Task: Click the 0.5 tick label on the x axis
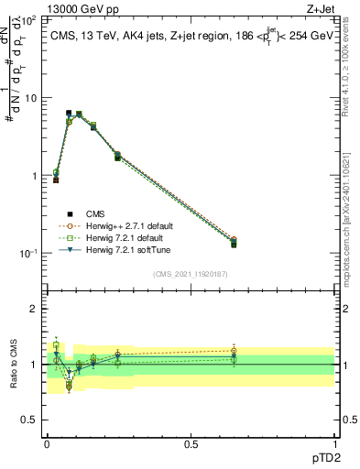(191, 443)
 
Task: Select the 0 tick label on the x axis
(47, 443)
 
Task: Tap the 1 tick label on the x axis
(334, 443)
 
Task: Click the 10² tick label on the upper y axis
(29, 19)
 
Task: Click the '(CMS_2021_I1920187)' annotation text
(190, 273)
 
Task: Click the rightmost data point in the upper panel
(234, 242)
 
